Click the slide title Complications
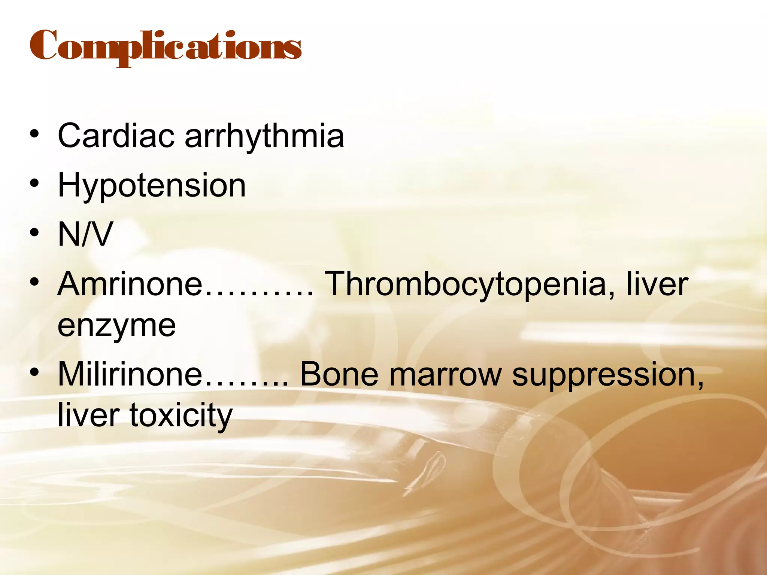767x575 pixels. coord(165,47)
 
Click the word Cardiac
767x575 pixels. coord(116,136)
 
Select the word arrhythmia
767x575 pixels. coord(264,136)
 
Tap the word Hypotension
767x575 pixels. coord(152,186)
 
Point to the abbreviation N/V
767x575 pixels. coord(85,234)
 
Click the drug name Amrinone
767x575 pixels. coord(130,284)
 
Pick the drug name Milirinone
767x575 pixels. coord(130,374)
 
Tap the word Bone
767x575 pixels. coord(339,374)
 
